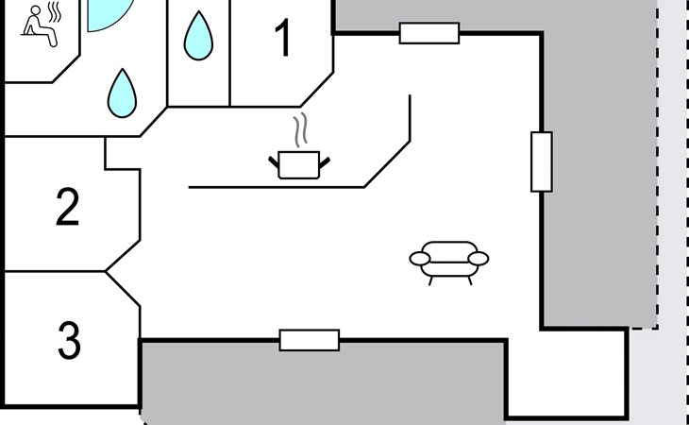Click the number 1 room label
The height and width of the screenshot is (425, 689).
282,39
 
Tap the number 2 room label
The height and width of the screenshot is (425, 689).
67,208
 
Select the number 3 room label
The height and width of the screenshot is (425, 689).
69,341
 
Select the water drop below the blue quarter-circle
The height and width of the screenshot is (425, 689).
122,92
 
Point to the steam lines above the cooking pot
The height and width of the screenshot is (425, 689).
301,131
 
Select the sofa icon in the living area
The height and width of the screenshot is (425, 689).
449,260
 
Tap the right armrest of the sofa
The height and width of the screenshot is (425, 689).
479,258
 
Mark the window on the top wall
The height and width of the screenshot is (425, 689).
429,33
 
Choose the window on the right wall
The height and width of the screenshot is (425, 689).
541,161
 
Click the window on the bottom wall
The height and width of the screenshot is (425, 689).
309,340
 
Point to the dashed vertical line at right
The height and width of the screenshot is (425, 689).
658,189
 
